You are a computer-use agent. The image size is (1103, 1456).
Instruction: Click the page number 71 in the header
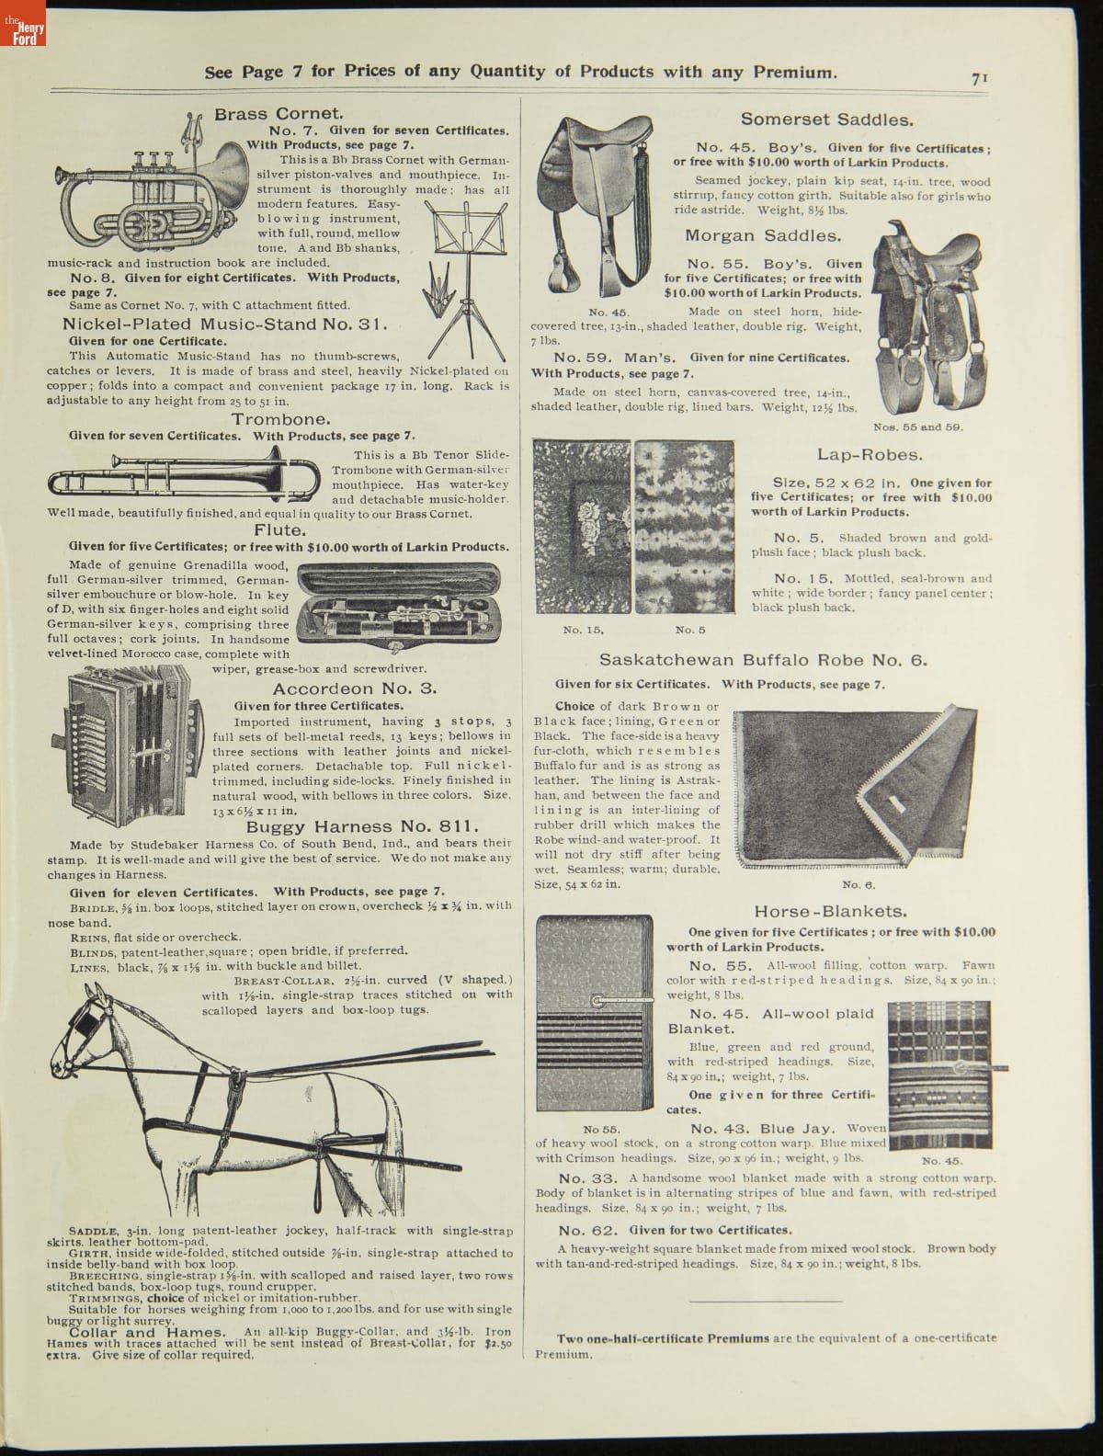point(978,79)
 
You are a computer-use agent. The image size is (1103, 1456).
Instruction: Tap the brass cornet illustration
point(152,188)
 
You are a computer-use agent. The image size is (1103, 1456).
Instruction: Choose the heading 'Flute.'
point(279,530)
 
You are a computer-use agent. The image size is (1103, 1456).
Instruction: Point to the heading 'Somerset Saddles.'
point(826,119)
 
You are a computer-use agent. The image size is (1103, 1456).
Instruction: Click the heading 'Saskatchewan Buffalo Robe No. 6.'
point(763,660)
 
